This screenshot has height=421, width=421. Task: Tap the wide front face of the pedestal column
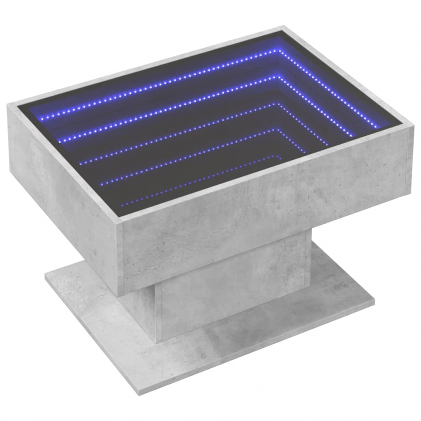pos(232,295)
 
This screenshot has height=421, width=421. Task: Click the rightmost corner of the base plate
pos(374,304)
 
